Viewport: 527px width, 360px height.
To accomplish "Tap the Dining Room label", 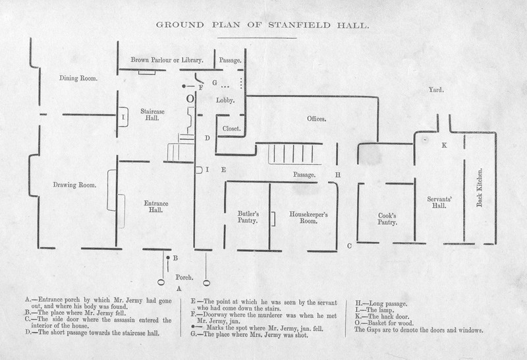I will [78, 78].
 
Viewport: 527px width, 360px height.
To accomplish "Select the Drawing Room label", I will [74, 185].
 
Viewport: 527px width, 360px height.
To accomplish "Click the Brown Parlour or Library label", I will [166, 60].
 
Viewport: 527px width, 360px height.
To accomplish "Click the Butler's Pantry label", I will [248, 217].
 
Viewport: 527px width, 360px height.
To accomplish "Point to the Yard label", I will [436, 89].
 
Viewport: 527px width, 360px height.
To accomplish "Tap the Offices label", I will [317, 119].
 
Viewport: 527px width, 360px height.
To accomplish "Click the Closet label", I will [231, 128].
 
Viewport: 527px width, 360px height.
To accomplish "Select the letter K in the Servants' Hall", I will [444, 145].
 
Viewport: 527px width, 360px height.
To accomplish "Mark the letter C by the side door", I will [349, 246].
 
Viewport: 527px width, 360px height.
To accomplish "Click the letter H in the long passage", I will [337, 175].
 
